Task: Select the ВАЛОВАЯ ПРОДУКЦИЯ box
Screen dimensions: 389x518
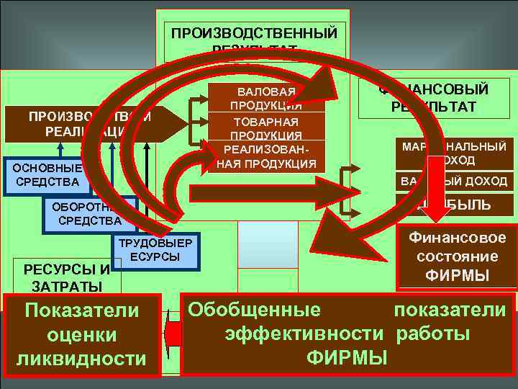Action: pyautogui.click(x=265, y=99)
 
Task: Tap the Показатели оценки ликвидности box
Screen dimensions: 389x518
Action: pyautogui.click(x=81, y=334)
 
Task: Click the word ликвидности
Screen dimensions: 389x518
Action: pyautogui.click(x=81, y=358)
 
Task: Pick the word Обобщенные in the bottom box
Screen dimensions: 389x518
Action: pyautogui.click(x=254, y=310)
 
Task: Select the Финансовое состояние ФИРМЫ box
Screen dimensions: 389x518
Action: pyautogui.click(x=457, y=256)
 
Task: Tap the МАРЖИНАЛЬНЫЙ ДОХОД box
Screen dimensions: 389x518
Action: pyautogui.click(x=455, y=153)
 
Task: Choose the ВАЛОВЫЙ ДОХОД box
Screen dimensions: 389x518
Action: pyautogui.click(x=455, y=181)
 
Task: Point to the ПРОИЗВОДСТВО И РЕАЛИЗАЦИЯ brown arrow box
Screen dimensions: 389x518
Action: pyautogui.click(x=79, y=124)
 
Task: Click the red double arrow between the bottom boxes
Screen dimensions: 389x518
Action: pyautogui.click(x=172, y=333)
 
